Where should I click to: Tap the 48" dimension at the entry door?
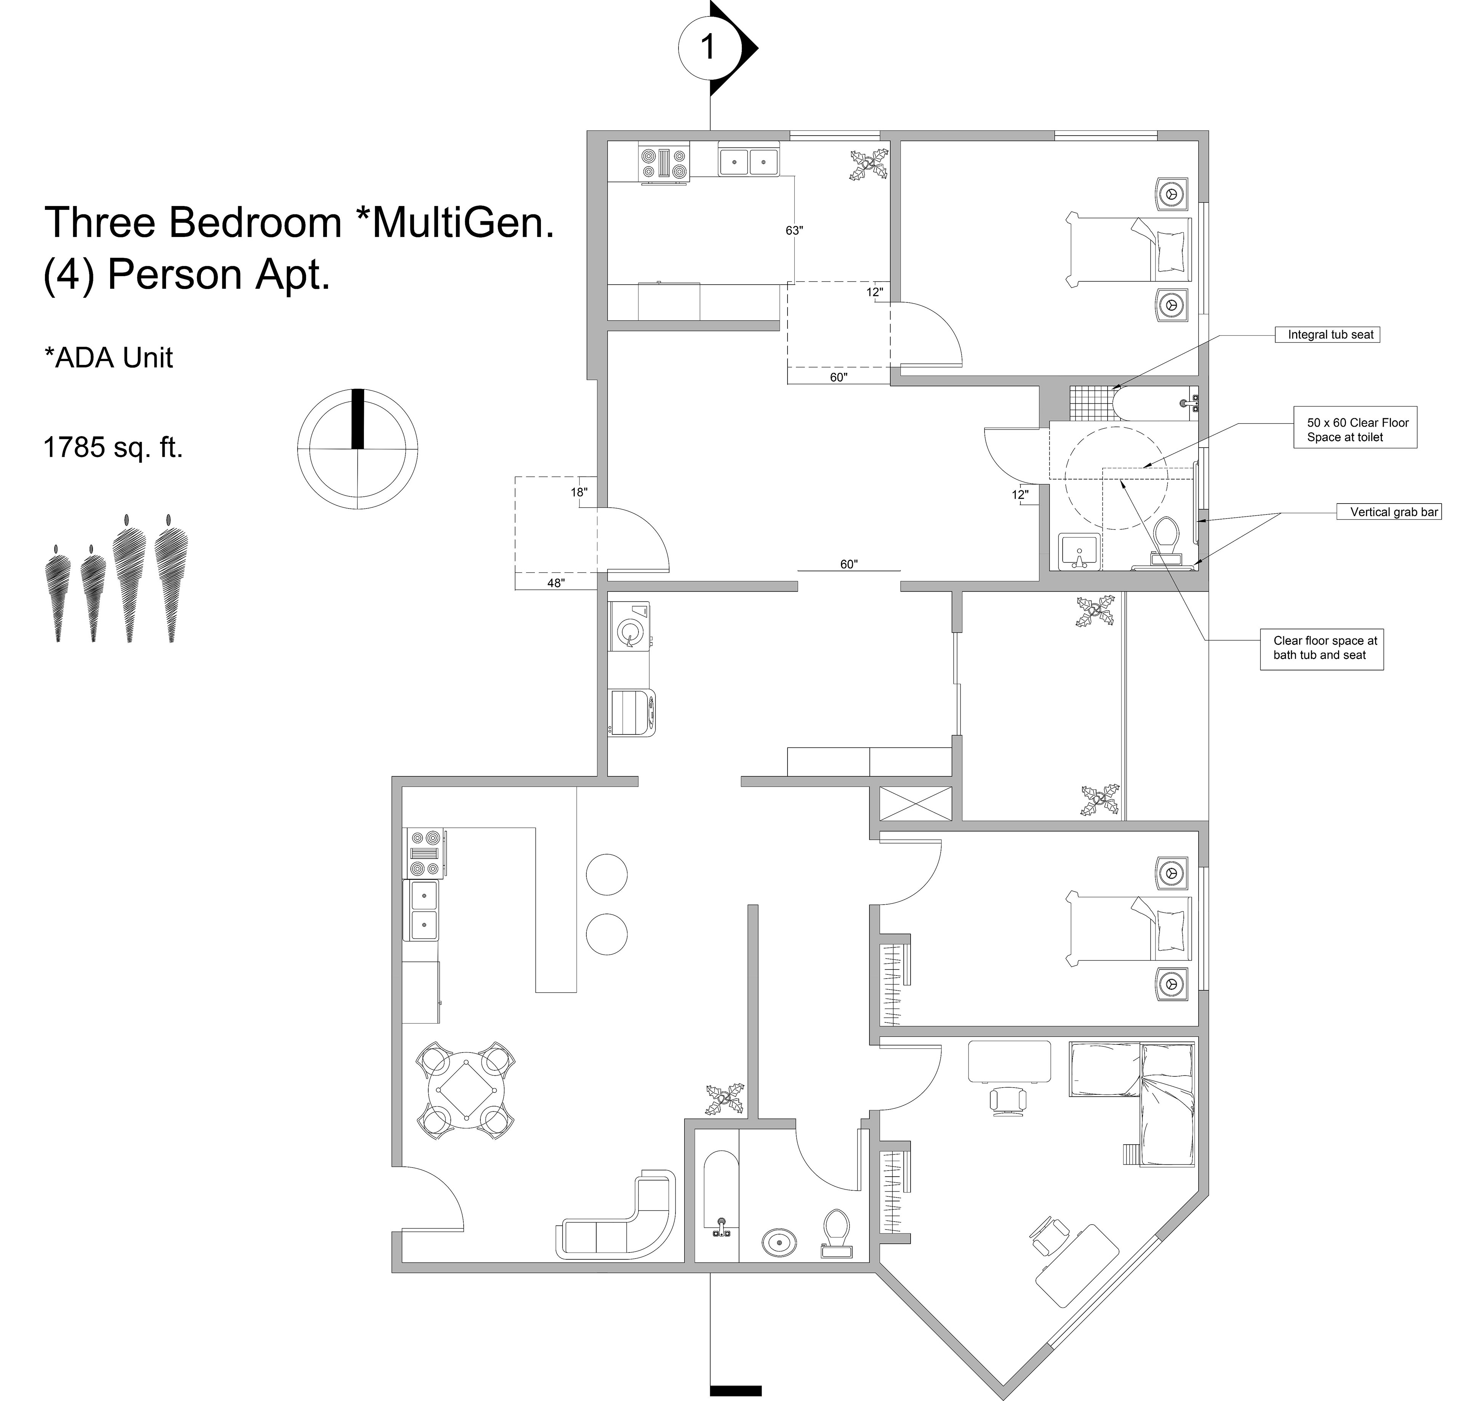[556, 583]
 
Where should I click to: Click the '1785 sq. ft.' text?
[114, 447]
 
